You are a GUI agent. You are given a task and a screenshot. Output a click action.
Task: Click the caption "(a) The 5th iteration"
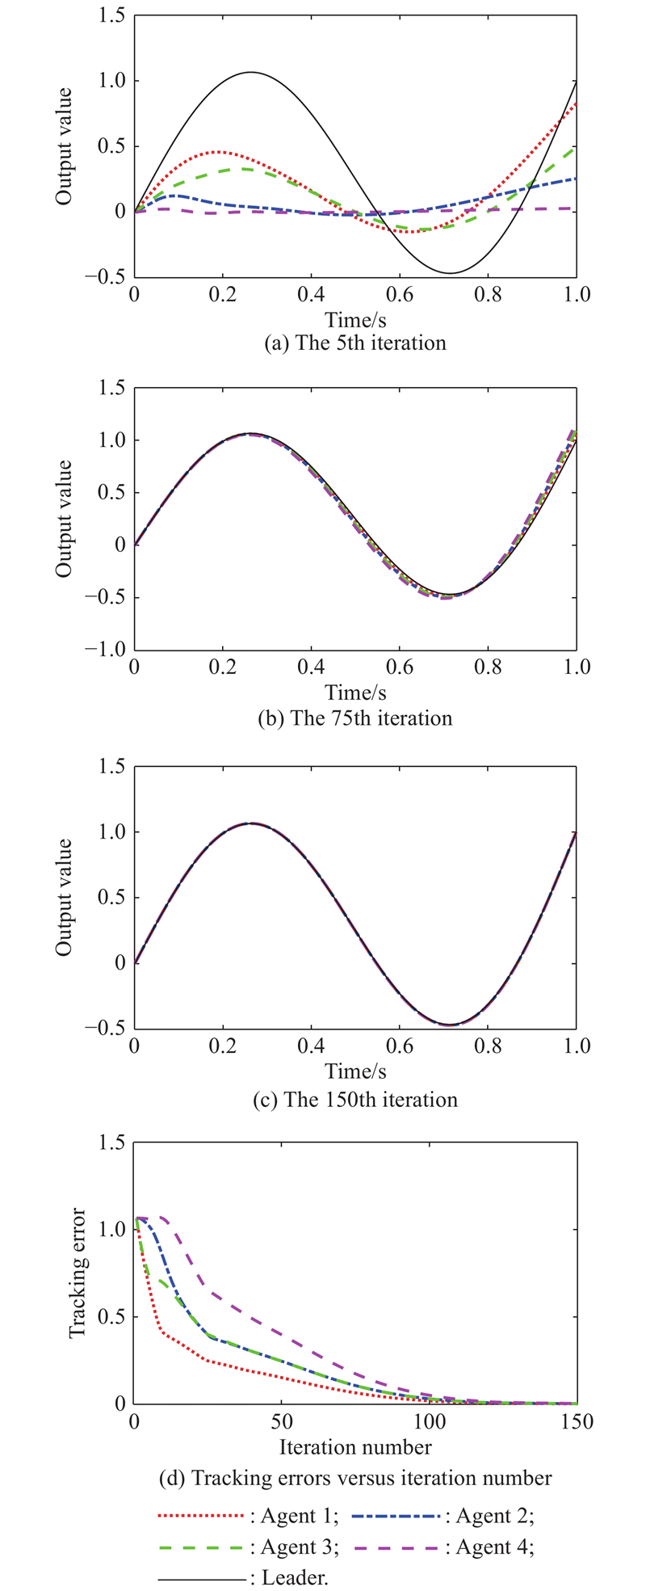coord(354,343)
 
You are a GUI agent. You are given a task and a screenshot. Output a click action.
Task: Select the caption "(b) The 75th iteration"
coord(354,718)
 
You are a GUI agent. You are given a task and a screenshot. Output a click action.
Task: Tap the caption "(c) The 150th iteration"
coord(354,1100)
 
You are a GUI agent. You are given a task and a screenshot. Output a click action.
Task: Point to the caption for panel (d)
coord(354,1478)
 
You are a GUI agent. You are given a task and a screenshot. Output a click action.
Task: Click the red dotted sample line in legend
coord(202,1517)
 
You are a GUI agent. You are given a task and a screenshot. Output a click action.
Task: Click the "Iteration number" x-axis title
coord(354,1446)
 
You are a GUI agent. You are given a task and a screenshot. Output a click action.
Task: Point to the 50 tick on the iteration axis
coord(281,1421)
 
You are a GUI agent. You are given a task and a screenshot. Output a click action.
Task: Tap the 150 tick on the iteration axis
coord(576,1421)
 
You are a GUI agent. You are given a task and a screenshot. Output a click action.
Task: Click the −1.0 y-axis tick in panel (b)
coord(105,650)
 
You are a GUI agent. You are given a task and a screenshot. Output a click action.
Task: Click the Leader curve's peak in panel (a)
coord(251,72)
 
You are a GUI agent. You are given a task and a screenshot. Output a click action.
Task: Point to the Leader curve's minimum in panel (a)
coord(451,273)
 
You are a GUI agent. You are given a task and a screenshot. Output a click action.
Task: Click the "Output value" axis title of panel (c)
coord(65,897)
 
